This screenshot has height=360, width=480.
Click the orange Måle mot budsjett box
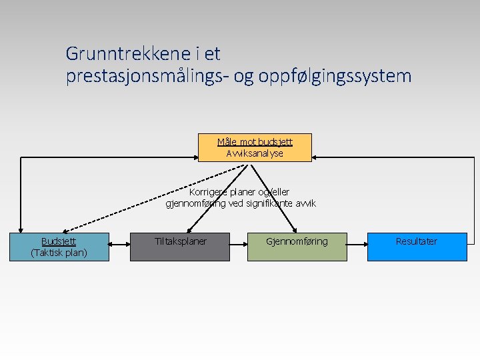pos(255,147)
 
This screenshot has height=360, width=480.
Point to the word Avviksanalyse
pos(255,153)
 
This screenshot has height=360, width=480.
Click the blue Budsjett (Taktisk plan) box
pos(59,247)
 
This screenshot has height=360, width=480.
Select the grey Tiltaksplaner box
pos(180,247)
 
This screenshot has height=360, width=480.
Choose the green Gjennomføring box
pos(297,247)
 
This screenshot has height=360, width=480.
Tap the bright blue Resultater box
pos(417,247)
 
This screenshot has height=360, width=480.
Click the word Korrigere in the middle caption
pos(208,192)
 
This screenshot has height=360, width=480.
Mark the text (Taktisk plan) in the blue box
pos(59,253)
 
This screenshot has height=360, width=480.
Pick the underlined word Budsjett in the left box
pos(59,241)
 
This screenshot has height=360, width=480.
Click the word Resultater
pos(417,241)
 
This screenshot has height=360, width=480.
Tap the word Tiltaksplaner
pos(180,241)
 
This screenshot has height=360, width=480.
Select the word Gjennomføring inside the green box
pos(297,241)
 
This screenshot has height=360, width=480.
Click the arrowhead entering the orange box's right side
pos(317,158)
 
